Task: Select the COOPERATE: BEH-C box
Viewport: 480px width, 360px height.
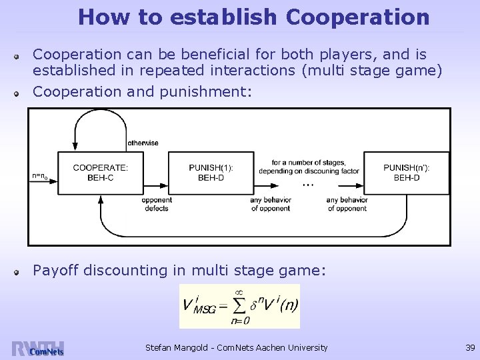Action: click(101, 173)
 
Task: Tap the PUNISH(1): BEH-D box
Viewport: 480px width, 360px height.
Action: click(211, 173)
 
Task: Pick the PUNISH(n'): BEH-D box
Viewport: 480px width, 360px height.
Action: click(407, 173)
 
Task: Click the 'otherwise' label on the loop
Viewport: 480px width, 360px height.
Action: click(143, 143)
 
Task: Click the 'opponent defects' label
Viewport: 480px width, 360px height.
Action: click(157, 204)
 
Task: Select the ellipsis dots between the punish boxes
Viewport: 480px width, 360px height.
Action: click(307, 183)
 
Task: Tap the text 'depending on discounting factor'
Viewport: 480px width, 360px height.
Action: click(309, 171)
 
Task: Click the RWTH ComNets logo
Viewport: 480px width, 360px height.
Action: click(37, 349)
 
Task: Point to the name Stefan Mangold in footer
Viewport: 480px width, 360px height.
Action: click(175, 347)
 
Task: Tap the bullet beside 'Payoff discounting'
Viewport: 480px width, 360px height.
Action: click(21, 271)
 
